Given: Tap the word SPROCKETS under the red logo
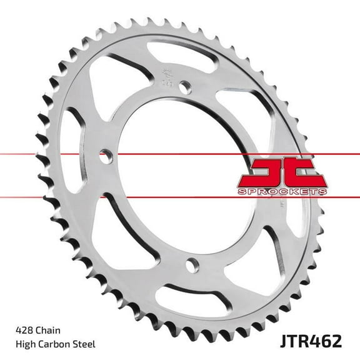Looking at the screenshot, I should pyautogui.click(x=282, y=191).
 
